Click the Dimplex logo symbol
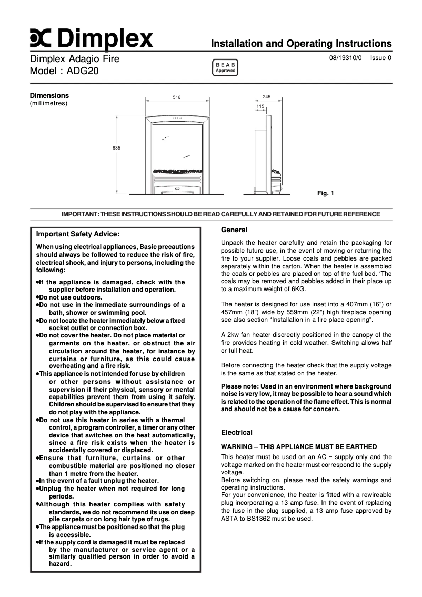(41, 38)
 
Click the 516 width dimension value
(177, 97)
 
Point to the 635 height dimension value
(116, 148)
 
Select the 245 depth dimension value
(266, 97)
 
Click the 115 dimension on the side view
(260, 107)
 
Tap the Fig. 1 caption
(325, 193)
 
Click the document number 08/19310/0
(346, 58)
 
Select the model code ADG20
(82, 71)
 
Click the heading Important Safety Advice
(78, 234)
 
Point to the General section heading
(234, 230)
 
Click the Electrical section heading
(237, 432)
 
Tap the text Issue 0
(381, 58)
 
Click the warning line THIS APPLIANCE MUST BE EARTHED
(299, 447)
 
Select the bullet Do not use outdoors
(69, 297)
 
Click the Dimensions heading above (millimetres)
(49, 96)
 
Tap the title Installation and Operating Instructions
(301, 44)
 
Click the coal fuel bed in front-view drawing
(177, 171)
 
